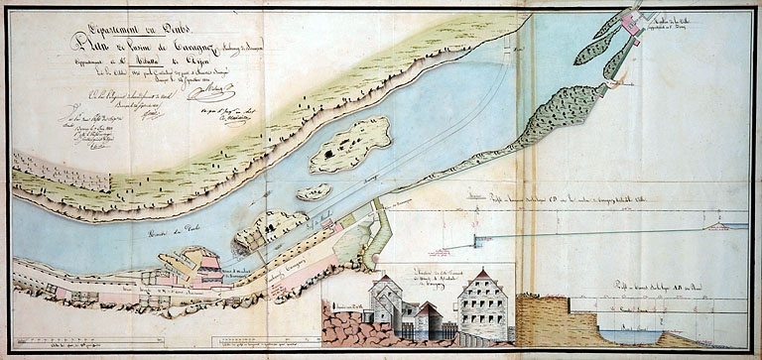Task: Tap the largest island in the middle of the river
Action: point(348,146)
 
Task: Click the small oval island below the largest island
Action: point(314,191)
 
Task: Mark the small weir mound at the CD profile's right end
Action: point(712,226)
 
